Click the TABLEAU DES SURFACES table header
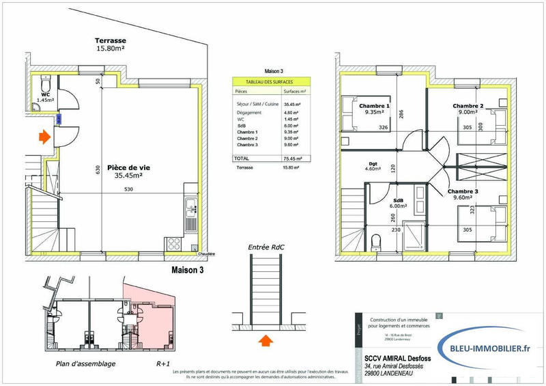click(x=268, y=81)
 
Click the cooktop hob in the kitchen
click(x=173, y=243)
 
